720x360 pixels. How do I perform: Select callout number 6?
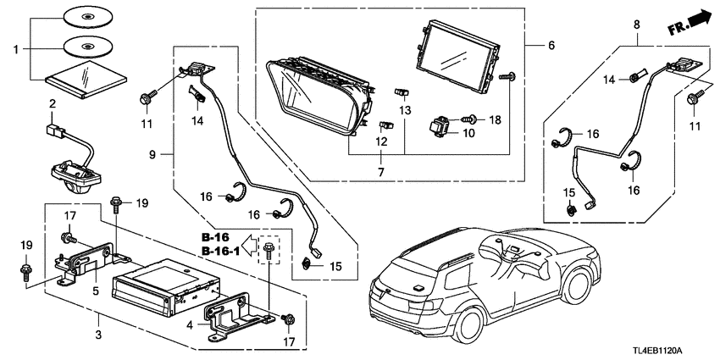[552, 45]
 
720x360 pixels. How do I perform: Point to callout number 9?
[152, 153]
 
